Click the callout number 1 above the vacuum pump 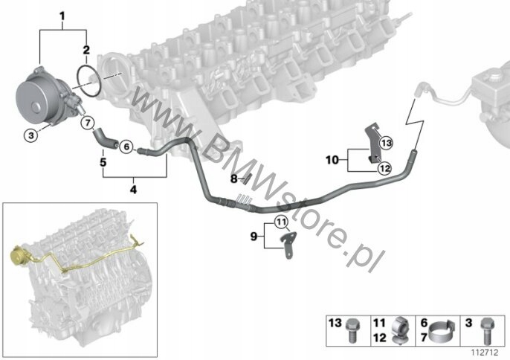[62, 16]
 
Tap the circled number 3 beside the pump [30, 135]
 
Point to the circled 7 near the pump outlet [87, 122]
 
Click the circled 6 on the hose [126, 147]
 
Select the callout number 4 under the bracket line [134, 190]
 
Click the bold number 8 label [233, 179]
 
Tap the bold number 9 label [254, 237]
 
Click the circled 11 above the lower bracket [280, 222]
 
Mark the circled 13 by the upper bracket [385, 140]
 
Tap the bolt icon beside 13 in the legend [355, 327]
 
